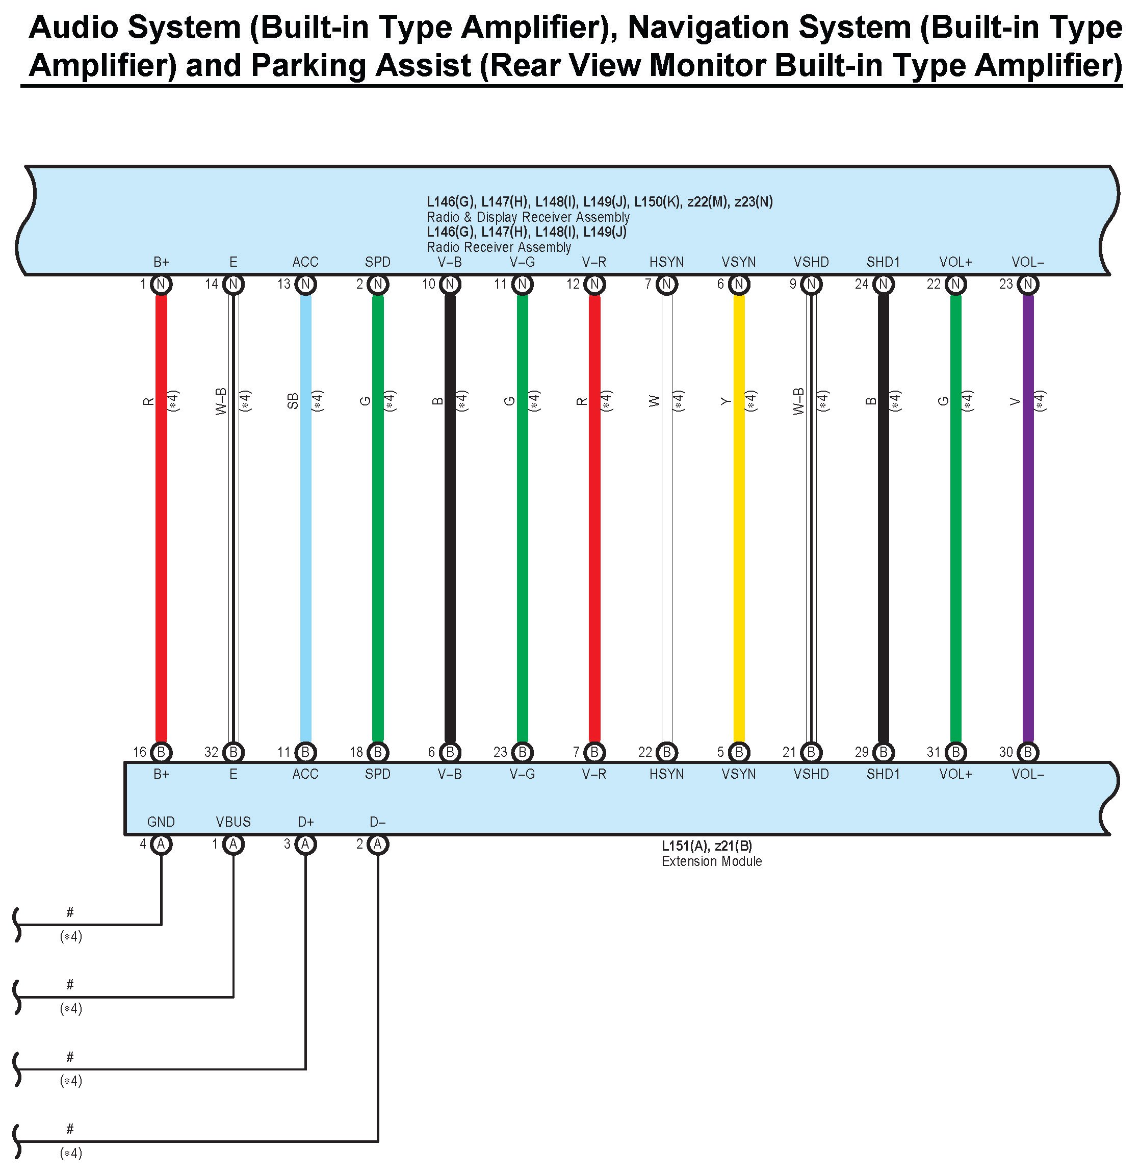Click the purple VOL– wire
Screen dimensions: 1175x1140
1027,516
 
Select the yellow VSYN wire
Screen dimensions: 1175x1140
739,516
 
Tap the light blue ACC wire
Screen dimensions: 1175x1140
306,516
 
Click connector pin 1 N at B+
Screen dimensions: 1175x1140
161,284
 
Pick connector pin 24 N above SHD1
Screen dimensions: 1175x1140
883,284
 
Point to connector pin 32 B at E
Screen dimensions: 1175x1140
233,752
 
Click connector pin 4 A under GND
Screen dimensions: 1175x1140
161,844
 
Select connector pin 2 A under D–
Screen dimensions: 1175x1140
378,844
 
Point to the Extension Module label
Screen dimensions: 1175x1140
711,861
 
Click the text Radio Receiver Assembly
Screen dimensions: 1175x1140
499,247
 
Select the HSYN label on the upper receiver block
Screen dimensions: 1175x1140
666,262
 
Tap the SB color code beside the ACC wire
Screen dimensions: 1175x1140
293,400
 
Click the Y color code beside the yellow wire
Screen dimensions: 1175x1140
727,400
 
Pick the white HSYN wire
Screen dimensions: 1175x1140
666,516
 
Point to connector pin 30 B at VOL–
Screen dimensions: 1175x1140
1027,752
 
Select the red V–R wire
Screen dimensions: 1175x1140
594,516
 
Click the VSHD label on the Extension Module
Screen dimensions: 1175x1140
811,774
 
